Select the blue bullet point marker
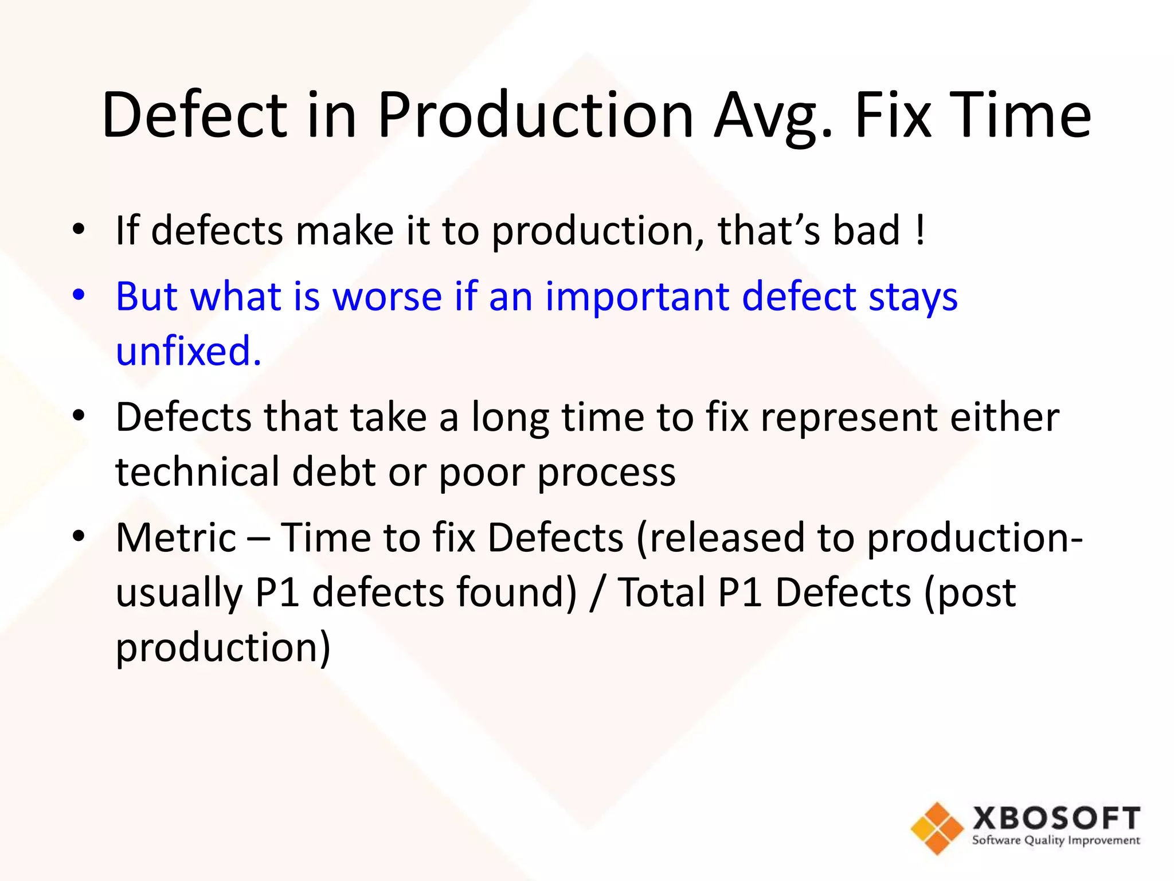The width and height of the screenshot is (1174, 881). [x=79, y=296]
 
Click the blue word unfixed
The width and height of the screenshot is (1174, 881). [x=189, y=350]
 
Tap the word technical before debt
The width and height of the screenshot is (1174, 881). [x=197, y=471]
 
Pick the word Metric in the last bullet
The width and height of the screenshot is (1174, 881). [x=176, y=537]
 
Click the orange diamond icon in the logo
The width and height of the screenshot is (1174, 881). [x=937, y=828]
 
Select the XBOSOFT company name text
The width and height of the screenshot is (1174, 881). [x=1056, y=817]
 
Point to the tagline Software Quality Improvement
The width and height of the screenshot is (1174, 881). [x=1056, y=841]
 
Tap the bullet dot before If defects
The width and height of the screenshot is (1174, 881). [x=79, y=230]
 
